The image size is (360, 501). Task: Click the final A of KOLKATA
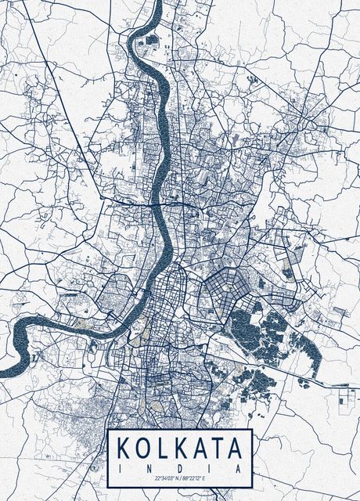[239, 449]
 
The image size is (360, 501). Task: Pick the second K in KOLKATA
[182, 449]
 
